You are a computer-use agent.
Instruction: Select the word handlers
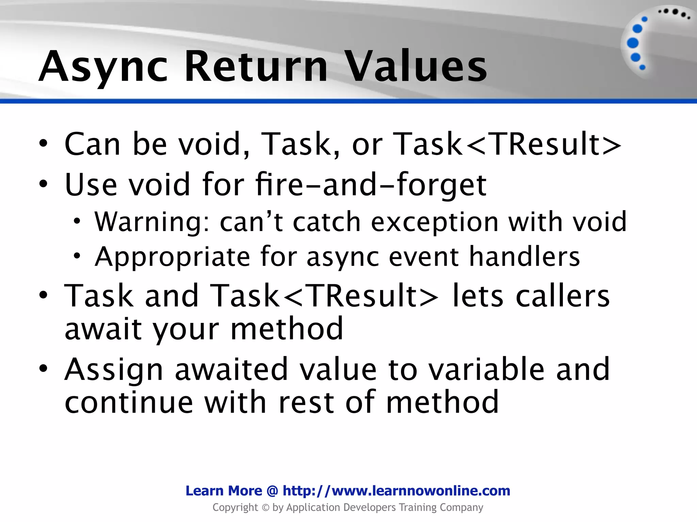click(x=524, y=257)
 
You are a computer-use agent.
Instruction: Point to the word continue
click(x=129, y=402)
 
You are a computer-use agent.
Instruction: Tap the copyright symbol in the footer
click(x=265, y=508)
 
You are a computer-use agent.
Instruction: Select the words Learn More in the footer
click(x=224, y=491)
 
